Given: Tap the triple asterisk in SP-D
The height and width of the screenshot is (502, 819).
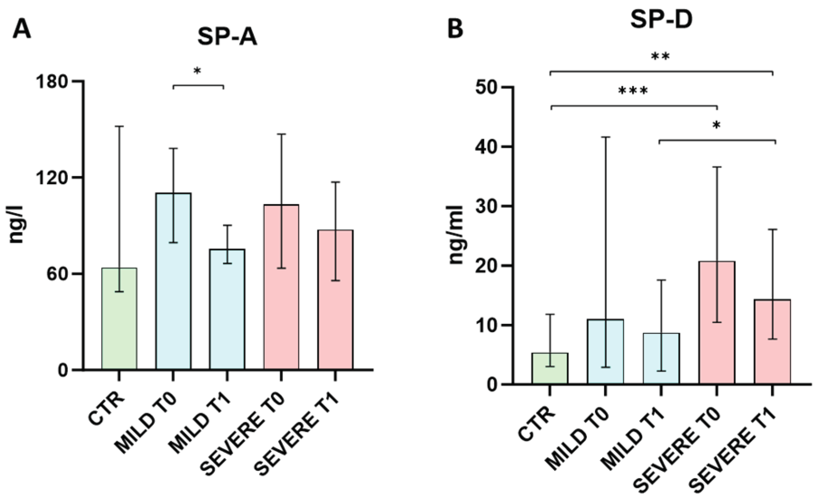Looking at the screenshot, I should [633, 91].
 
